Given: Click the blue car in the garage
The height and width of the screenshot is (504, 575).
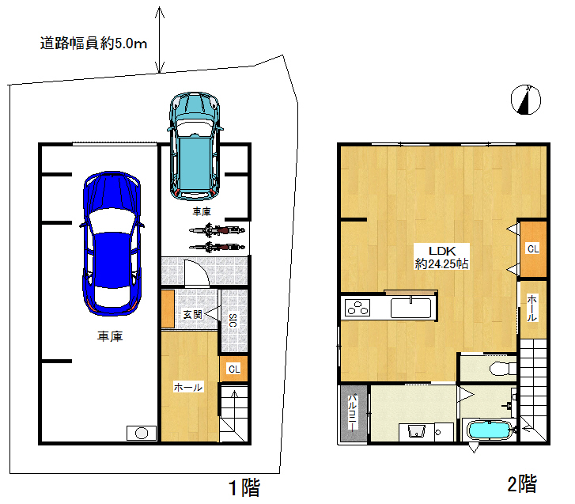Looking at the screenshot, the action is coord(112,244).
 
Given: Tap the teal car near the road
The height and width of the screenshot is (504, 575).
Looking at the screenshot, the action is coord(195,146).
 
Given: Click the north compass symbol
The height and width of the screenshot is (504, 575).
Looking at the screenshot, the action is coord(526,100).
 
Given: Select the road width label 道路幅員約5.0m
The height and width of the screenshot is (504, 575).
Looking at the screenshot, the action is coord(93,44).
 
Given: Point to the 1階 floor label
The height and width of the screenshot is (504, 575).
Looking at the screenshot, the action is coord(244,488).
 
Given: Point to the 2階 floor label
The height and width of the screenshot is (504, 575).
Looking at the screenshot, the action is coord(522,483).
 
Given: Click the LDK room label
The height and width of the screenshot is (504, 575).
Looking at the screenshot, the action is coord(442,251).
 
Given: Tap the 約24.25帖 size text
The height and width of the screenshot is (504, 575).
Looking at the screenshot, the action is coord(441,263).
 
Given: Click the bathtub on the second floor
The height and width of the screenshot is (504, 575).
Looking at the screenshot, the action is coord(490,430).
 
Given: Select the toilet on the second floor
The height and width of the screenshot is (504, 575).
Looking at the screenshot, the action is coord(503,368).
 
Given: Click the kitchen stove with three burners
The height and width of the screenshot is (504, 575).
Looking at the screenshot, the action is coord(357,308).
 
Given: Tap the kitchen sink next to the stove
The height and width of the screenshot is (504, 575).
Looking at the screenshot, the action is coord(410,308).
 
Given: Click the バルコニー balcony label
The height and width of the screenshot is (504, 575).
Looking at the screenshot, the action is coord(352,413).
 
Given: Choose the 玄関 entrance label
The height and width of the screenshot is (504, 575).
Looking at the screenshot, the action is coord(193,314).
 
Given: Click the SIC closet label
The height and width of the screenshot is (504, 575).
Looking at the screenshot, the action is coord(233,320).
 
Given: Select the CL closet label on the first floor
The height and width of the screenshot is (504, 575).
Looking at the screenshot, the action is coord(234,369).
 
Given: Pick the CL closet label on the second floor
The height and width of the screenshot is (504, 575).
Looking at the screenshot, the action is coord(533,249).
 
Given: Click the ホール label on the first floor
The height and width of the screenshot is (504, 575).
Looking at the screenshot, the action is coord(188,387).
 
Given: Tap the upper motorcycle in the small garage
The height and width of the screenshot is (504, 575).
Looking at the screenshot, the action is coord(217,230).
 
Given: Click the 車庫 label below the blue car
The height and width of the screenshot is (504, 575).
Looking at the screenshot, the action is coord(110,336).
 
